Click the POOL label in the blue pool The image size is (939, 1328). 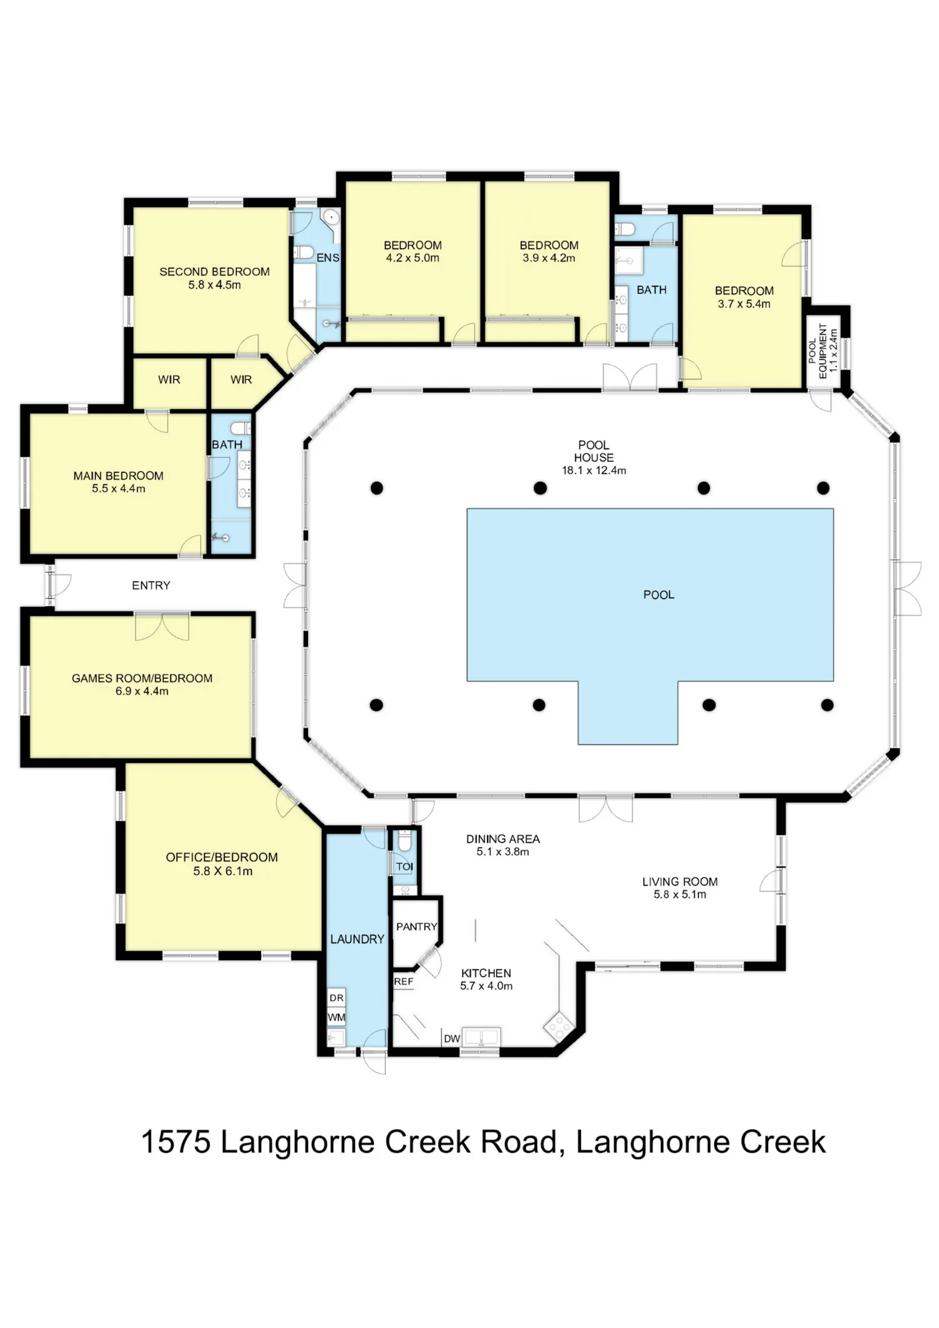click(659, 595)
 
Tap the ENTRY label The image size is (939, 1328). click(151, 585)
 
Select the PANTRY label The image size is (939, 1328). click(416, 926)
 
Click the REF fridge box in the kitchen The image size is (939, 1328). click(404, 981)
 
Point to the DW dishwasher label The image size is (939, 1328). click(452, 1038)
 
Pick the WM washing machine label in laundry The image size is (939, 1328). click(336, 1017)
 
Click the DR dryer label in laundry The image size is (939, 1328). click(336, 998)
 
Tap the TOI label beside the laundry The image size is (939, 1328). click(404, 866)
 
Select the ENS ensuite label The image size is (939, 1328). click(328, 258)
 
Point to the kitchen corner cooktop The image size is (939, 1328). click(558, 1026)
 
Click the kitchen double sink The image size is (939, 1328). click(480, 1036)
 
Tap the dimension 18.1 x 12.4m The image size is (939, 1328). click(593, 470)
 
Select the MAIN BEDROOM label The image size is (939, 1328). click(118, 476)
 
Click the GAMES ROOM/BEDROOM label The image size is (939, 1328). click(142, 678)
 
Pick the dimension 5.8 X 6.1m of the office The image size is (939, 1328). click(223, 871)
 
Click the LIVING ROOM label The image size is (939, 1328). click(680, 881)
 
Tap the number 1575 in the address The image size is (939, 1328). click(175, 1142)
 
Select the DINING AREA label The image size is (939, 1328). click(503, 839)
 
